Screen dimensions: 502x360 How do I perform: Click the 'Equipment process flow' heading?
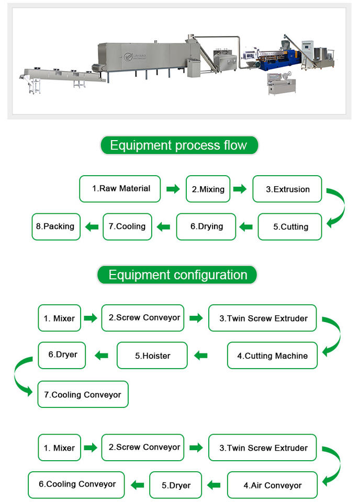[179, 145]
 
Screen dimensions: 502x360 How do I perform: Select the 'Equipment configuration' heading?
[177, 275]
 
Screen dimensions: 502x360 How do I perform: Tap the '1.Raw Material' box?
[120, 189]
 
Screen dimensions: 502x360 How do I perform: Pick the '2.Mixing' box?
[208, 189]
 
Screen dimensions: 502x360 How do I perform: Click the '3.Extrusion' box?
[287, 189]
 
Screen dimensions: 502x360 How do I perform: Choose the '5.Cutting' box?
[290, 227]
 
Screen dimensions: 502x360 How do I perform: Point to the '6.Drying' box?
[206, 226]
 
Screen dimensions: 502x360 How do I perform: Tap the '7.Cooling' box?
[127, 226]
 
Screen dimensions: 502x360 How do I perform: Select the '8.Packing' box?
[56, 226]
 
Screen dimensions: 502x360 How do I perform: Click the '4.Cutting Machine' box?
[272, 356]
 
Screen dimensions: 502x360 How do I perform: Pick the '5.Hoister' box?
[152, 356]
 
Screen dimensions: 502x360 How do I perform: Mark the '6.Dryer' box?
[62, 355]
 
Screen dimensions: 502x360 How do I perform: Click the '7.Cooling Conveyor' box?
[83, 395]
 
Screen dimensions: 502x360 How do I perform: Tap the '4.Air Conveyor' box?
[272, 485]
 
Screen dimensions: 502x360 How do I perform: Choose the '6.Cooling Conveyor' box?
[76, 484]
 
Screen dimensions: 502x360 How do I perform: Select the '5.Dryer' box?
[175, 485]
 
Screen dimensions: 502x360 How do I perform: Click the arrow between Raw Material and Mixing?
[173, 189]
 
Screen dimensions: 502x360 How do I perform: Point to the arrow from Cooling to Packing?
[92, 227]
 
